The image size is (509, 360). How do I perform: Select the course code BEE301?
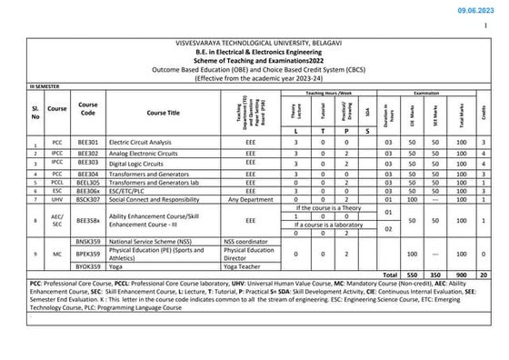(88, 143)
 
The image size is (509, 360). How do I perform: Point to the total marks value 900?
(463, 274)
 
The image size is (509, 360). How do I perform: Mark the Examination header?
(434, 93)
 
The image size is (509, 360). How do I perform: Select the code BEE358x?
(88, 219)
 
